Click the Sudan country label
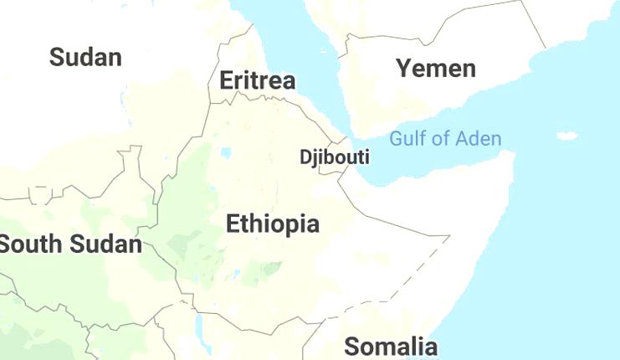(x=85, y=57)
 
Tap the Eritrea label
(x=257, y=80)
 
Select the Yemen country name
(x=436, y=68)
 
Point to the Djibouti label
(x=335, y=157)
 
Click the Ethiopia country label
(x=273, y=224)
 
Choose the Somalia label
(x=391, y=346)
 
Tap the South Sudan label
(x=70, y=244)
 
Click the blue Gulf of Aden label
(x=445, y=138)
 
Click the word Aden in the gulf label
(x=480, y=138)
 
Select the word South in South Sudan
(x=30, y=244)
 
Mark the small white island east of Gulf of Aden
(x=567, y=136)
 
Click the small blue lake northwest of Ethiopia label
(x=226, y=153)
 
